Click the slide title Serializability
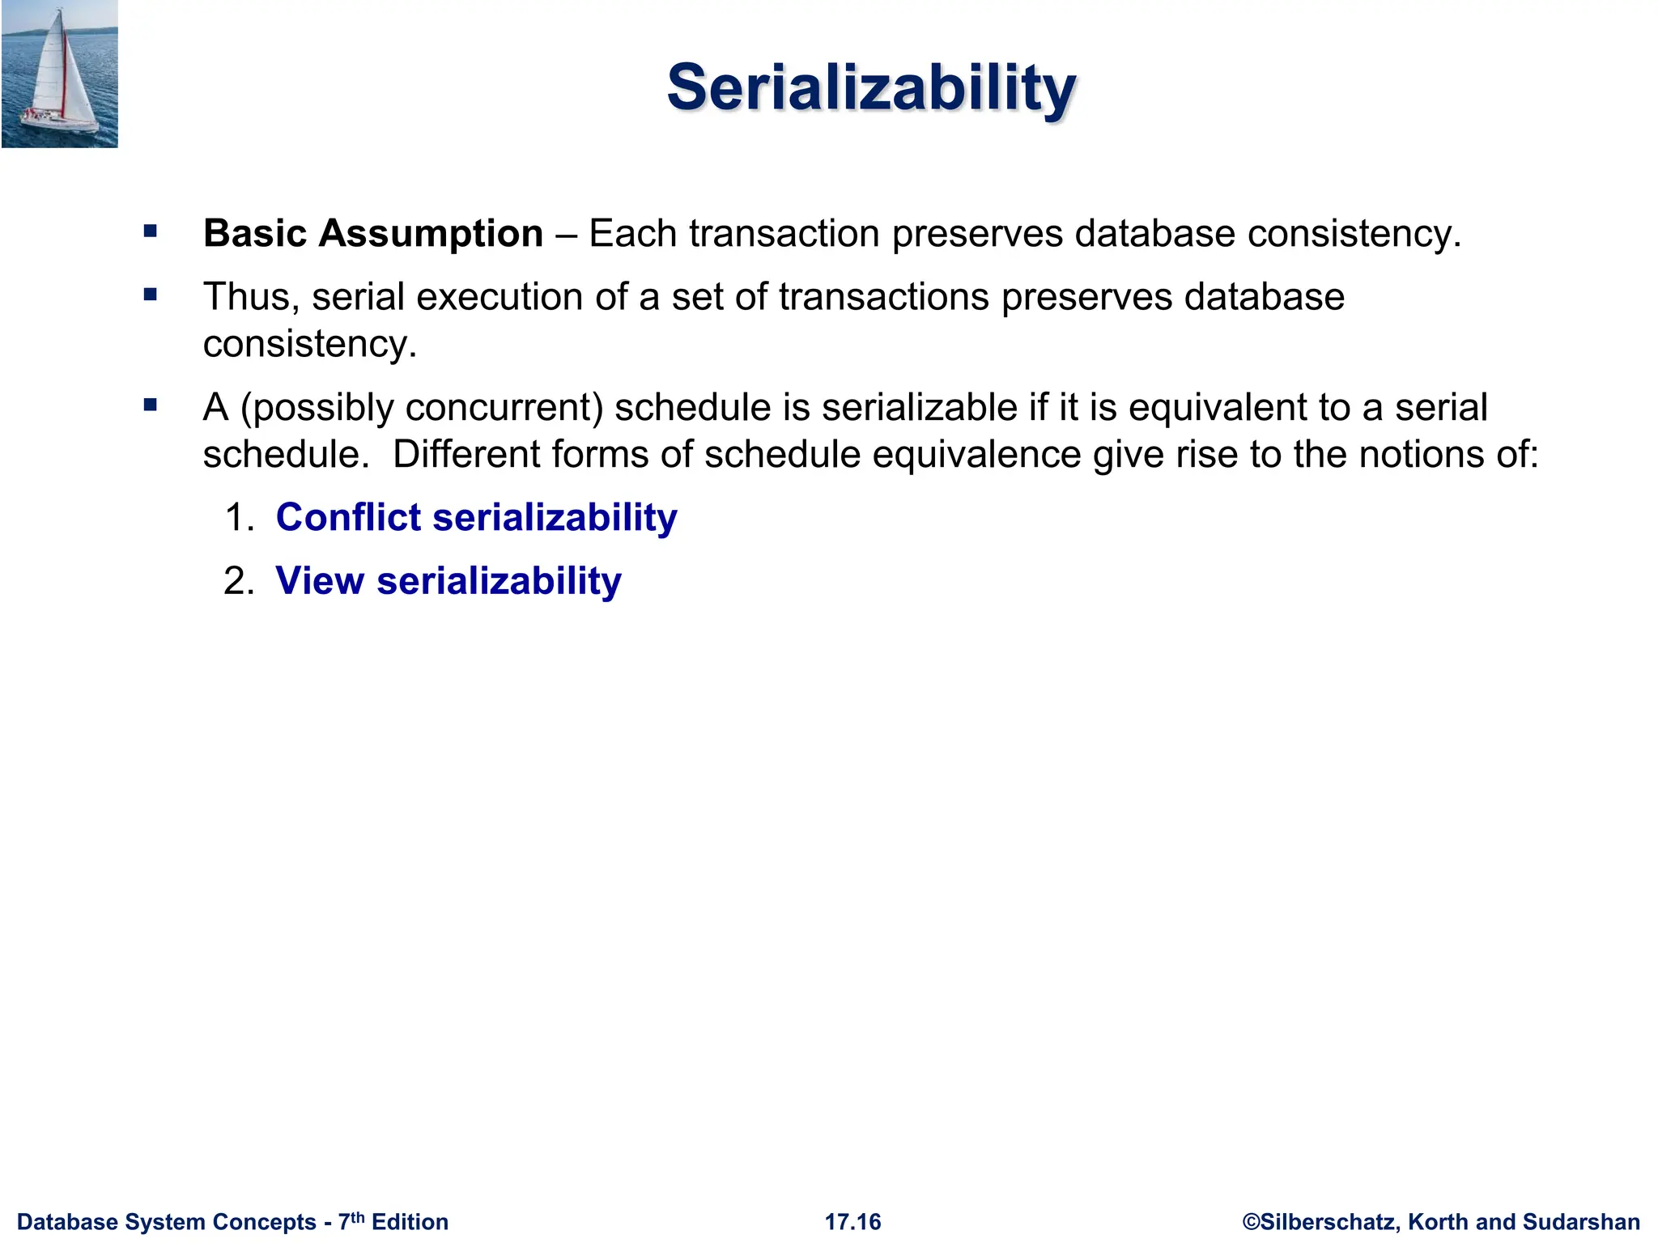(871, 87)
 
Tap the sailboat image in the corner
(59, 74)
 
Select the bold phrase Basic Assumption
(372, 234)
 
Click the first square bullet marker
(151, 231)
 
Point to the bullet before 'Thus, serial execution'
(151, 295)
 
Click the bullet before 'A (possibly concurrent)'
(151, 405)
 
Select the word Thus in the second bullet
(245, 297)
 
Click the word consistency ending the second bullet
(308, 345)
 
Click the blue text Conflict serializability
(476, 517)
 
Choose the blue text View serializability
(448, 581)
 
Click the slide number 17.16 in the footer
(852, 1222)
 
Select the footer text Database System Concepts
(166, 1222)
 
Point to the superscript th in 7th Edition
(357, 1217)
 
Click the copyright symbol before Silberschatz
(1251, 1222)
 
